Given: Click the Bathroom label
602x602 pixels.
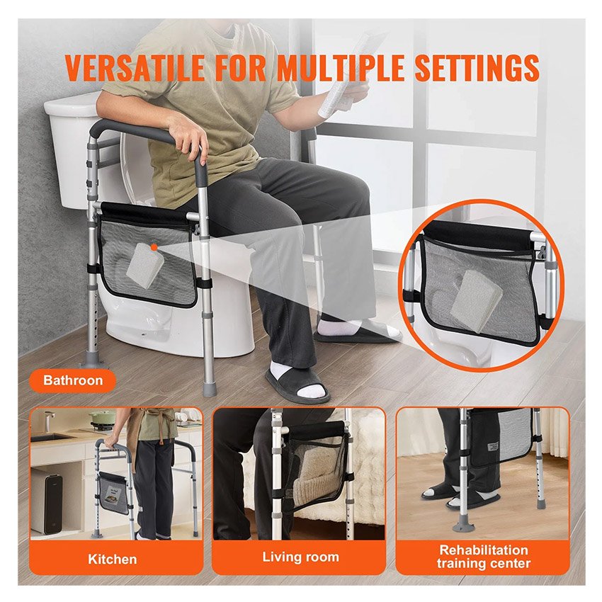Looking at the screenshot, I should (x=73, y=380).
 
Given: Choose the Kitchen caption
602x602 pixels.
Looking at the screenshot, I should (x=113, y=559).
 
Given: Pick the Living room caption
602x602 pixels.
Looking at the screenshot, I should (x=300, y=557).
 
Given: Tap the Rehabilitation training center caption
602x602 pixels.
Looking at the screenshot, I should (x=483, y=557).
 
